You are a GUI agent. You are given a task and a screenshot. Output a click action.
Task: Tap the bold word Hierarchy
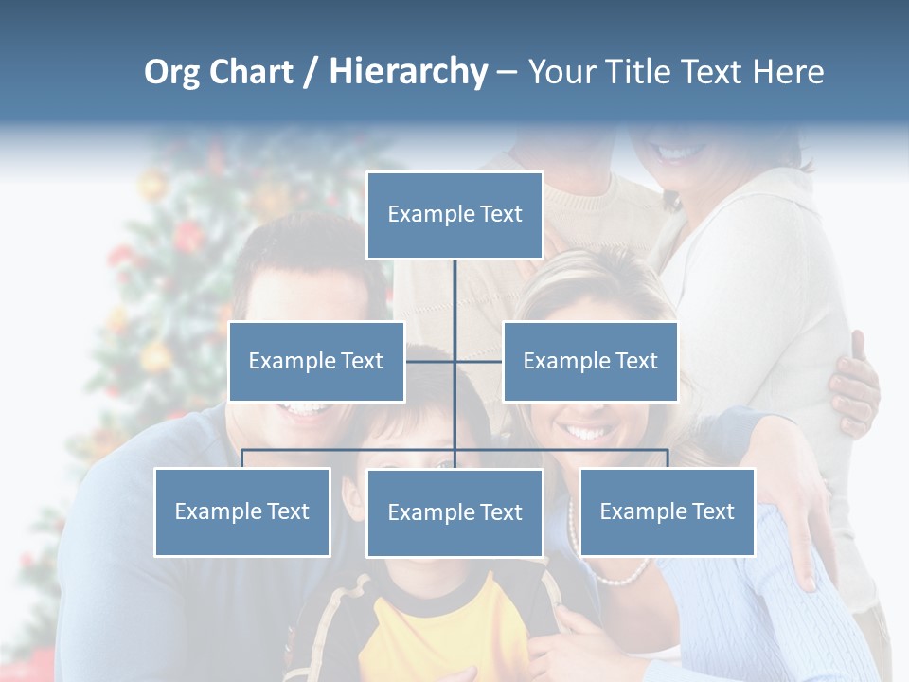pyautogui.click(x=408, y=72)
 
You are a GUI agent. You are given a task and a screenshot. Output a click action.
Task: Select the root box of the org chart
pyautogui.click(x=454, y=215)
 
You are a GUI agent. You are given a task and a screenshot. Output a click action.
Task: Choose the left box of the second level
pyautogui.click(x=316, y=361)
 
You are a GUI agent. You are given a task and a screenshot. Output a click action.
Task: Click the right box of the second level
pyautogui.click(x=590, y=361)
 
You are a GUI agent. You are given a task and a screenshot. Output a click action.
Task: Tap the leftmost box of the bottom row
pyautogui.click(x=242, y=511)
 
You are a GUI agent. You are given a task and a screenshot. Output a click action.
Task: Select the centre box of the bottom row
pyautogui.click(x=454, y=512)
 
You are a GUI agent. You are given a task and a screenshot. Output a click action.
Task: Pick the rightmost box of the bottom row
pyautogui.click(x=667, y=511)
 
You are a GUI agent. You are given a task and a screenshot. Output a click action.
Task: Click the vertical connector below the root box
pyautogui.click(x=454, y=294)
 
